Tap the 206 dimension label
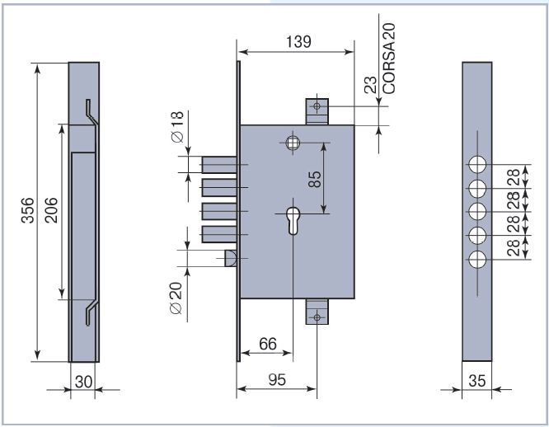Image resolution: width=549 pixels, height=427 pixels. pos(49,212)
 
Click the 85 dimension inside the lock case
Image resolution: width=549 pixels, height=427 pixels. pos(314,179)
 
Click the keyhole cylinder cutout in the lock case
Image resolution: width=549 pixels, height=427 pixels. pos(293,221)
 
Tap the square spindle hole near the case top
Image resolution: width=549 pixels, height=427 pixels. pos(293,142)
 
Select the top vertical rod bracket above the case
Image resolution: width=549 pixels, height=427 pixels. pos(317,110)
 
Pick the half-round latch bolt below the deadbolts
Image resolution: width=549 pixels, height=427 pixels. pos(231,259)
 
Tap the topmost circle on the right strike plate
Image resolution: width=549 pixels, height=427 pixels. pos(476,163)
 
